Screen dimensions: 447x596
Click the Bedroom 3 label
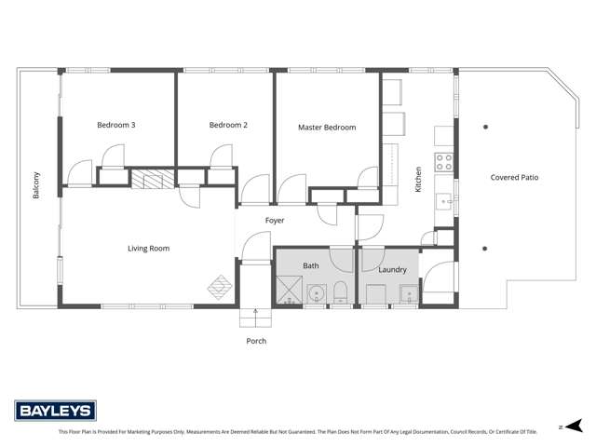click(x=117, y=125)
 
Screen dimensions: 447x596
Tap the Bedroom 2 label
click(x=227, y=125)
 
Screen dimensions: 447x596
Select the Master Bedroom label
click(x=327, y=128)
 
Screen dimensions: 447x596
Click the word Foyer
click(x=275, y=221)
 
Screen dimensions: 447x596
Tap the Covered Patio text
click(x=515, y=177)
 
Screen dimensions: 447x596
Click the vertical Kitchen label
click(x=419, y=180)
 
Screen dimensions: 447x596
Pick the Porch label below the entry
click(x=256, y=341)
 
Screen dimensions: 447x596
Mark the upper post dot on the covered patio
click(x=485, y=126)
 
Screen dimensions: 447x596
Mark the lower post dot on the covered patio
click(x=485, y=249)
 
